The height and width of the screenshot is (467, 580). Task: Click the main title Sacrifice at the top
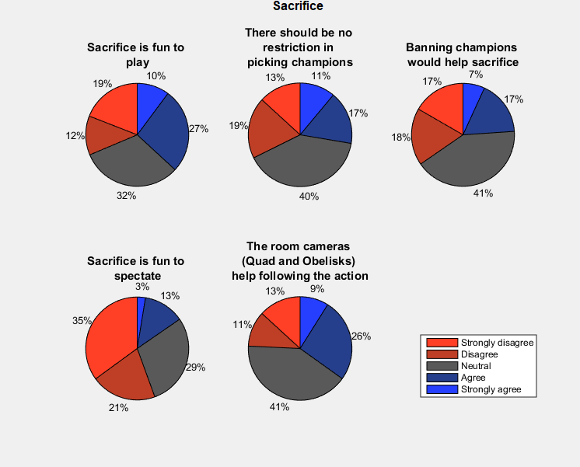[x=298, y=7]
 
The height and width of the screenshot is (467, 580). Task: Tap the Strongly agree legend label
[x=491, y=389]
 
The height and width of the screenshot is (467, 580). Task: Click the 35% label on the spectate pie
[x=82, y=320]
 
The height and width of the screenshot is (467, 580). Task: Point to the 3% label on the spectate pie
[x=142, y=287]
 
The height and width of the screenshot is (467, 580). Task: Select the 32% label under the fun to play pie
[x=126, y=196]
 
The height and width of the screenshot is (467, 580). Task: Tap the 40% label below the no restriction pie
[x=309, y=196]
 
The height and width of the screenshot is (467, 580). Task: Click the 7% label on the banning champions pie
[x=476, y=75]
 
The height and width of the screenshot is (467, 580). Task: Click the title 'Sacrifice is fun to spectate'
[x=136, y=269]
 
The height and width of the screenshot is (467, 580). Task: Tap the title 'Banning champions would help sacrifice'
[x=463, y=54]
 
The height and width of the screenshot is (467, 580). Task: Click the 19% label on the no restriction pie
[x=237, y=124]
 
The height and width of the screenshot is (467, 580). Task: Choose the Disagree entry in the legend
[x=480, y=354]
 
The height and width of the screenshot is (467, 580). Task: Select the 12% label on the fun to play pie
[x=75, y=135]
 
